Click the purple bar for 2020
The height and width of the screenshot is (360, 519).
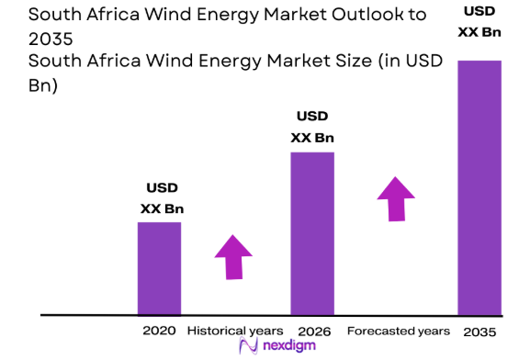click(x=159, y=267)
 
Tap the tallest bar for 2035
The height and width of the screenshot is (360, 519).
click(x=480, y=187)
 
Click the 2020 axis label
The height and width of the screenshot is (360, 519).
click(x=159, y=330)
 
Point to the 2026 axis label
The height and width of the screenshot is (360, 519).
click(x=312, y=330)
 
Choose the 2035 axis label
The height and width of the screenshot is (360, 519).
click(x=480, y=330)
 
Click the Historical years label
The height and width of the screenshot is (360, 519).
click(x=235, y=330)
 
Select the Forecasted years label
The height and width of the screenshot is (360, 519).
click(x=398, y=330)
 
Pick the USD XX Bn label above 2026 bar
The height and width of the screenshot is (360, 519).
click(x=312, y=128)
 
